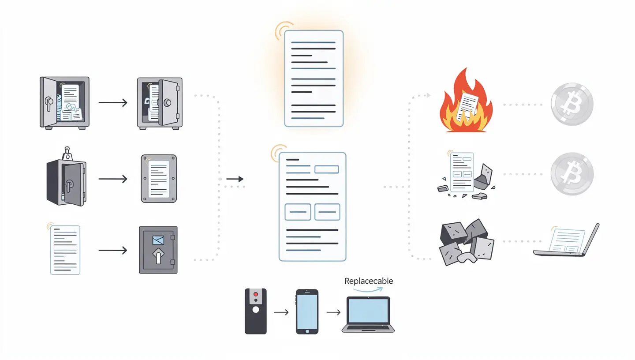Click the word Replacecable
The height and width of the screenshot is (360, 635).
(x=368, y=281)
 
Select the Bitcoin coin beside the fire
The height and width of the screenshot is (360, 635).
(x=572, y=105)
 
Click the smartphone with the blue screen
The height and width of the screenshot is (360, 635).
(x=306, y=311)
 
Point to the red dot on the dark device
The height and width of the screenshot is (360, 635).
(x=255, y=293)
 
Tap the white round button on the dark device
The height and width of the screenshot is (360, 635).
(x=255, y=310)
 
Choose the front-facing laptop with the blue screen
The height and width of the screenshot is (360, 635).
(x=368, y=314)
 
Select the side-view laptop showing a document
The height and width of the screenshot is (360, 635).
(x=566, y=240)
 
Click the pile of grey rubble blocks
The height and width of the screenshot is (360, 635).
(x=467, y=242)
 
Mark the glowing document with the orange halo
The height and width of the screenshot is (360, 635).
(x=314, y=79)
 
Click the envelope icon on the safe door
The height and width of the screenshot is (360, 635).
(x=157, y=240)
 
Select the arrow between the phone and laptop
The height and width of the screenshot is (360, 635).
(x=333, y=312)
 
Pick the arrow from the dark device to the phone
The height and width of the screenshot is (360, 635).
(x=281, y=312)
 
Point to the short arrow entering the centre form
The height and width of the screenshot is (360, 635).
(x=235, y=179)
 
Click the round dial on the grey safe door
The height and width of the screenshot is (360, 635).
(x=168, y=102)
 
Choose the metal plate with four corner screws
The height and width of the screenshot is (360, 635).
(x=159, y=178)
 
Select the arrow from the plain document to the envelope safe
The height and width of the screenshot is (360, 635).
(x=112, y=250)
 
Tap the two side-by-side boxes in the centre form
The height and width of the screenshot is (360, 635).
(x=312, y=212)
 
